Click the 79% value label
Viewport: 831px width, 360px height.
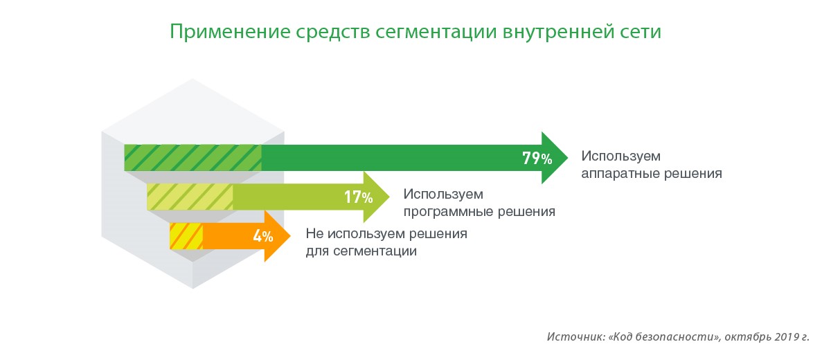537,159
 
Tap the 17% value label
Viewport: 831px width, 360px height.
359,197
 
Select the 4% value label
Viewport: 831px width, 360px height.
263,236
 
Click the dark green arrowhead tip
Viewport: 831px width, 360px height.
568,158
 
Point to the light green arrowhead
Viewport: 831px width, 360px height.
375,197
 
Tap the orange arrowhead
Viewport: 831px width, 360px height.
276,236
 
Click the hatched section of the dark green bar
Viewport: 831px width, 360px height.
193,158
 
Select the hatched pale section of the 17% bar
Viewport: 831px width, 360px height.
190,197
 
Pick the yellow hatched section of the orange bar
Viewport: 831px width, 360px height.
186,236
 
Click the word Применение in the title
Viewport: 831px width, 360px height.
230,32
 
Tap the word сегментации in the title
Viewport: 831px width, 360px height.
436,33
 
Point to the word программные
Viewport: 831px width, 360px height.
447,212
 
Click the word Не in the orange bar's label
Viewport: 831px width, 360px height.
314,233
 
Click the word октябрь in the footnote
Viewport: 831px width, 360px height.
747,337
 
